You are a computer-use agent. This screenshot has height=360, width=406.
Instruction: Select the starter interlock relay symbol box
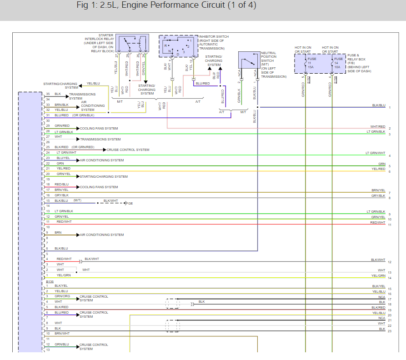[132, 44]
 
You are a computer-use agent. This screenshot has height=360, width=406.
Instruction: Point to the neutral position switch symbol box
[248, 60]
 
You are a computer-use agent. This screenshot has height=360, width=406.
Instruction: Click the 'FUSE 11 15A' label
[312, 63]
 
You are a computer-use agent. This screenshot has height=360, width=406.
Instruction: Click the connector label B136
[50, 281]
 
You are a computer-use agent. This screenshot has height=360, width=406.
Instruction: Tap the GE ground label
[130, 203]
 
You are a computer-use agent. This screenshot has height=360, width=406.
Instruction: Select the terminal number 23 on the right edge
[390, 331]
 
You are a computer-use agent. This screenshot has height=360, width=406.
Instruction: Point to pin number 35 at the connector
[48, 94]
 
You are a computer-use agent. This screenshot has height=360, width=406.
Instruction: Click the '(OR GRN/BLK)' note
[83, 115]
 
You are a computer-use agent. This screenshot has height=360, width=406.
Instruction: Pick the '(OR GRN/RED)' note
[83, 147]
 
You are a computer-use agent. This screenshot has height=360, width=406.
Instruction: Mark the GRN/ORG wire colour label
[62, 296]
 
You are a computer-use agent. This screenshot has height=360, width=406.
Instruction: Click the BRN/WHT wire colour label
[62, 334]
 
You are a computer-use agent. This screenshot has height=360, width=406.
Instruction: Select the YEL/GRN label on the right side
[378, 275]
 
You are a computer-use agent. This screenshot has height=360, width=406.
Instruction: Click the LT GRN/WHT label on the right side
[376, 153]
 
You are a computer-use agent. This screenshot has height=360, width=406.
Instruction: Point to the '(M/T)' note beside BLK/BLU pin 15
[78, 200]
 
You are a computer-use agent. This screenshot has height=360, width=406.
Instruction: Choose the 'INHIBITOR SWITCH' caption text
[214, 36]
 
